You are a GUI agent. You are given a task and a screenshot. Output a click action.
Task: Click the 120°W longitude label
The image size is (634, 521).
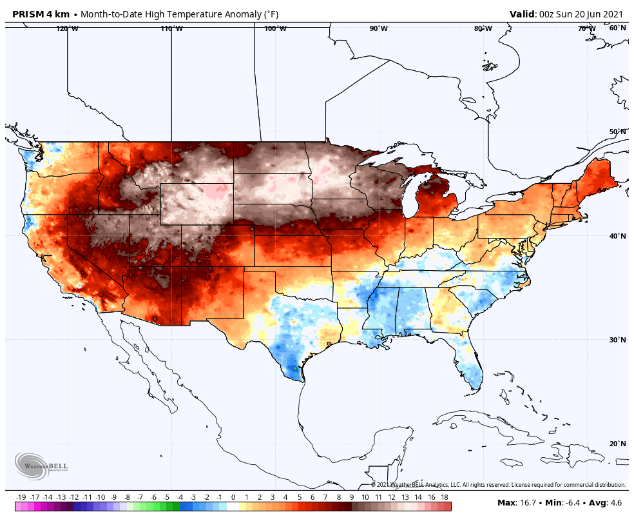67,28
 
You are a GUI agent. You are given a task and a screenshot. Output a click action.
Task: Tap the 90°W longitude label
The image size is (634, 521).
378,28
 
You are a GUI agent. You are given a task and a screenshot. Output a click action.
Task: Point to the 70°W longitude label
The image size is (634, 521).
586,28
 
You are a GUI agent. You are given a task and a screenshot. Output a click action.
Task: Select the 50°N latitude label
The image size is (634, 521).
617,132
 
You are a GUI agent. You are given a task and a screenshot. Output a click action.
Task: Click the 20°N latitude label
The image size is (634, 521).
617,444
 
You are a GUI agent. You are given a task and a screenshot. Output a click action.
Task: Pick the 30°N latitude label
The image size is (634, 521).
617,340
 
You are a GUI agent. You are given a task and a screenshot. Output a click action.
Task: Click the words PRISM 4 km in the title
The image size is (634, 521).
41,14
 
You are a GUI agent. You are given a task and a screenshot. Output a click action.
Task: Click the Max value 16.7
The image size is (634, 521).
528,502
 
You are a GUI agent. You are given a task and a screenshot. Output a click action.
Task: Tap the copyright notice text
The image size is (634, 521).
498,485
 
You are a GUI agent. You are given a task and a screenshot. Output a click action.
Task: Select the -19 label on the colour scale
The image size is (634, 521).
21,497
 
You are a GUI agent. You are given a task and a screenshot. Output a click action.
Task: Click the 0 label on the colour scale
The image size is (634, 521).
233,497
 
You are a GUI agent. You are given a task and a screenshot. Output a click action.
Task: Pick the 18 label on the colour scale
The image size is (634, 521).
444,497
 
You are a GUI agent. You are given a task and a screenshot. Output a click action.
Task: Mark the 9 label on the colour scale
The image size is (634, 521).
352,497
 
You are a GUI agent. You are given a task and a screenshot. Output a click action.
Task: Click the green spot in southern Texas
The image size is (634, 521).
294,368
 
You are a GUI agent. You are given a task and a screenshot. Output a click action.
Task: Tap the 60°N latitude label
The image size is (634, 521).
617,28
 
